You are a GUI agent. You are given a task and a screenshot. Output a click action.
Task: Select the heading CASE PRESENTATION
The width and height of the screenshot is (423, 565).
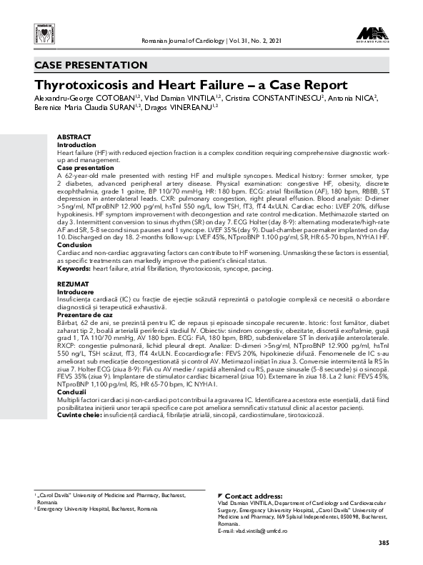coord(91,65)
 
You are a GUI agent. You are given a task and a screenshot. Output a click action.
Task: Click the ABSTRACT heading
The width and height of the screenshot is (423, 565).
coord(74,136)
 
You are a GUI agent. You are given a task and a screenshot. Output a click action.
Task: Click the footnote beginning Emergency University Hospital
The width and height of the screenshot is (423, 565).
coord(97,509)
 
